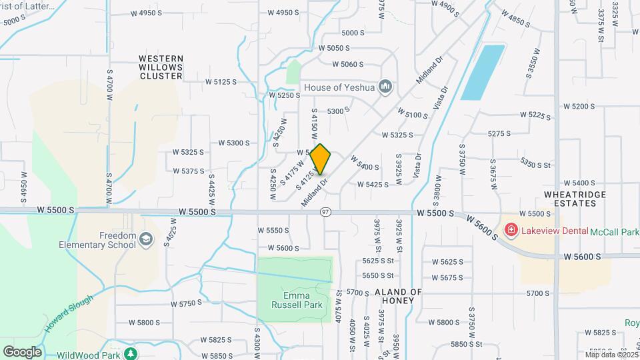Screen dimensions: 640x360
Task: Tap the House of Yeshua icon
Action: click(385, 87)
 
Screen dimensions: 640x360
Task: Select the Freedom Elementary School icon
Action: click(146, 238)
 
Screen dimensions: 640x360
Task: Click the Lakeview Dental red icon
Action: click(511, 231)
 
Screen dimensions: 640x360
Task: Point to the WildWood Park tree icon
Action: click(133, 354)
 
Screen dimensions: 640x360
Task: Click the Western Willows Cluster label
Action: click(161, 67)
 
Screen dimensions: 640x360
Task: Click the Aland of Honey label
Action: click(398, 296)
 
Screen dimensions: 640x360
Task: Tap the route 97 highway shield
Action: click(325, 212)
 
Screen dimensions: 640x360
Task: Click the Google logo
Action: click(22, 352)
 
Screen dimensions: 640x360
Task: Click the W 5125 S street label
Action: click(221, 82)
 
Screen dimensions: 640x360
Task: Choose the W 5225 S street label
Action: click(527, 115)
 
